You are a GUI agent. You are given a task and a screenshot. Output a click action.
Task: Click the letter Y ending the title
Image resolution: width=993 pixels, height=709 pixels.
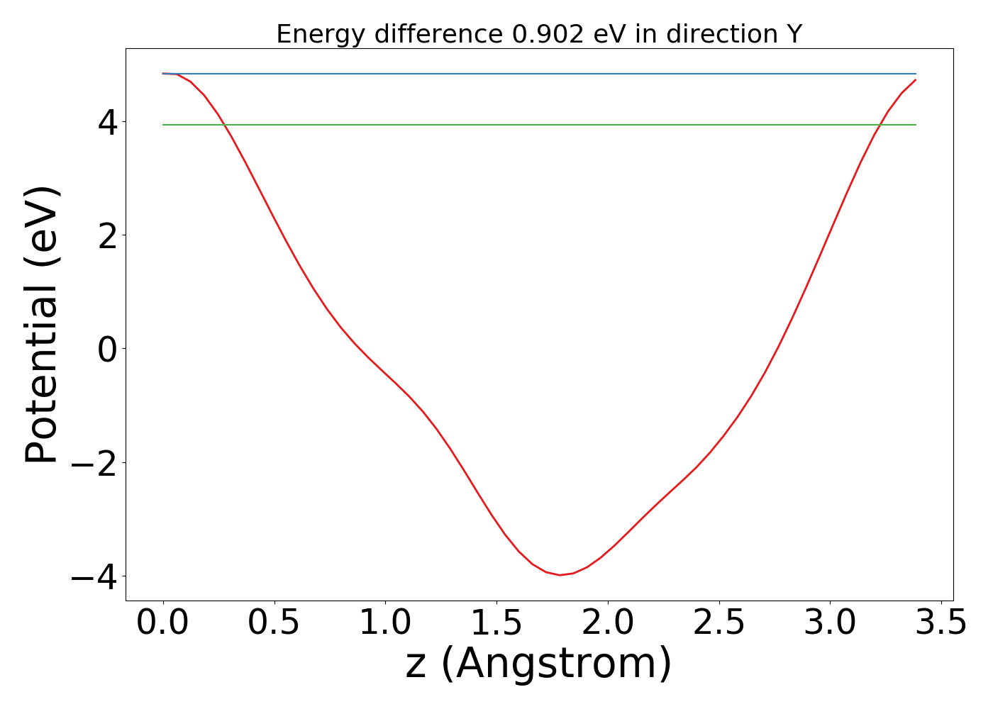[x=794, y=34]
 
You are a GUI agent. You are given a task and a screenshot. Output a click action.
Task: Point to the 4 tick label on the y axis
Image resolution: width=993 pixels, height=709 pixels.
[x=108, y=123]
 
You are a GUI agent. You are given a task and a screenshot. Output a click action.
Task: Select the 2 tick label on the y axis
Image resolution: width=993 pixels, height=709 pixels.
[x=108, y=236]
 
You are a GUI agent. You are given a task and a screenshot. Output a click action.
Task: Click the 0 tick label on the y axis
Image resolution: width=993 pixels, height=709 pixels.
[x=108, y=350]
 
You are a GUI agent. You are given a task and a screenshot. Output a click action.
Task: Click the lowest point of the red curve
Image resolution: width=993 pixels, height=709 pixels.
[x=560, y=575]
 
